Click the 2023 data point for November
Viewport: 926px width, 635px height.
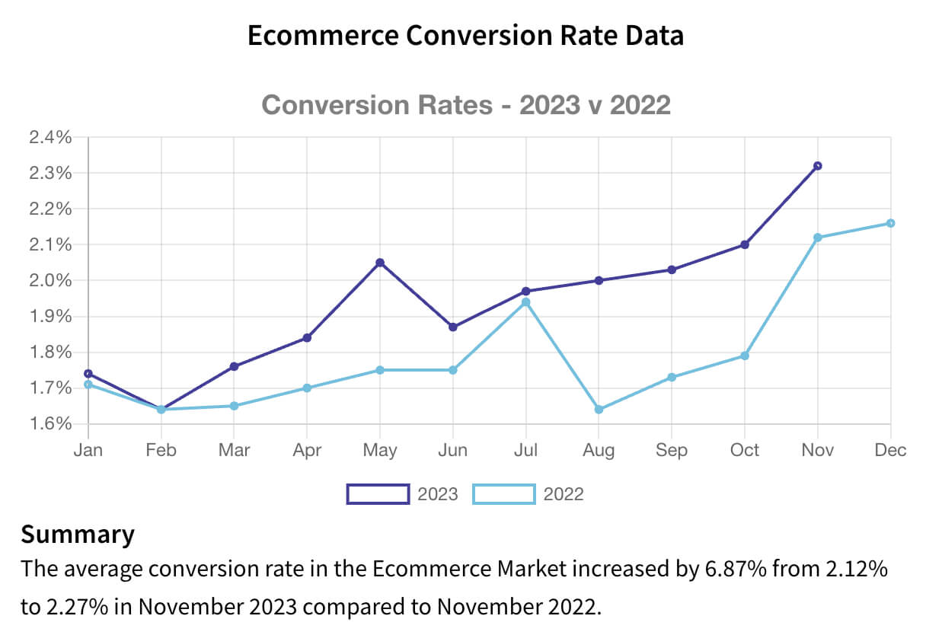[818, 166]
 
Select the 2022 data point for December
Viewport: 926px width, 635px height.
[890, 223]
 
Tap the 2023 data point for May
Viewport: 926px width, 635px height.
[380, 263]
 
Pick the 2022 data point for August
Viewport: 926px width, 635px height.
[599, 410]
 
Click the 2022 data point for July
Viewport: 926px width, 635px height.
[526, 302]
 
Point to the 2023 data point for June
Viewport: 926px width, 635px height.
[453, 327]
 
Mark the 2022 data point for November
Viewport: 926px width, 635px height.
[818, 238]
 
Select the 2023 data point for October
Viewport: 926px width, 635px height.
[745, 244]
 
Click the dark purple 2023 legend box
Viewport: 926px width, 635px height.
[378, 494]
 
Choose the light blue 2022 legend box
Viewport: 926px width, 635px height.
[503, 494]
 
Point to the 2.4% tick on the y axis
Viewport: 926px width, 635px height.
[50, 138]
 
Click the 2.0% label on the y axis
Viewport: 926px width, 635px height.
[50, 281]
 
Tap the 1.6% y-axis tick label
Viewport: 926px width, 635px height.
[50, 424]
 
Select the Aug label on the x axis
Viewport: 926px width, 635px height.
[599, 450]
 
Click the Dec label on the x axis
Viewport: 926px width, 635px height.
[890, 450]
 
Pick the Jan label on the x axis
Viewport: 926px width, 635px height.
[88, 450]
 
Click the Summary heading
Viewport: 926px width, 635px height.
[78, 534]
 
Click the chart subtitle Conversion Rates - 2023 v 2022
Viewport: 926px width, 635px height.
[465, 104]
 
